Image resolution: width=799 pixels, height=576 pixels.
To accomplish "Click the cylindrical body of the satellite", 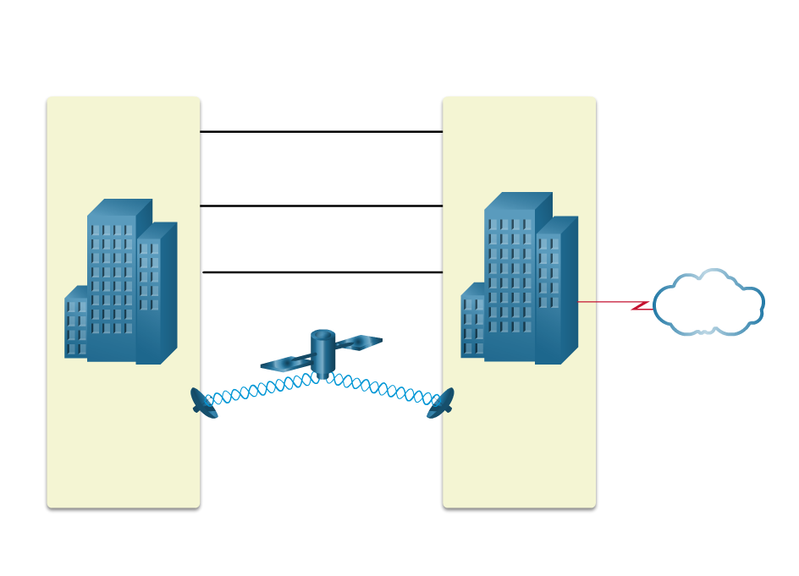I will tap(323, 354).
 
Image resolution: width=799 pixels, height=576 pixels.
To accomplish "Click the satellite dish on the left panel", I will tap(204, 403).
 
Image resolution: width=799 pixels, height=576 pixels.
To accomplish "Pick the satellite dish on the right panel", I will tap(441, 403).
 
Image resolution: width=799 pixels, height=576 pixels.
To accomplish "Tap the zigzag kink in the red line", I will tap(642, 305).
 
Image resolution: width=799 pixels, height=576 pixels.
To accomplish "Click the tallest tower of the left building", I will tap(111, 288).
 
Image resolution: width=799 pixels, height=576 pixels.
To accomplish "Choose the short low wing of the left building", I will tap(75, 326).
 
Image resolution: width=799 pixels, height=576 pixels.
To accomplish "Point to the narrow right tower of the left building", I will tap(149, 296).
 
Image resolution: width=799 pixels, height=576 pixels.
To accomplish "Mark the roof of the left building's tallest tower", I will tap(119, 207).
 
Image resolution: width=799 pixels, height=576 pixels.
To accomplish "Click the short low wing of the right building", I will tap(472, 326).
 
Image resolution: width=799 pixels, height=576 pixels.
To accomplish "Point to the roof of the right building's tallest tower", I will tap(517, 200).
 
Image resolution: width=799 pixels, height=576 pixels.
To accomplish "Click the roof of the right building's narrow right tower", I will tap(557, 224).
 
